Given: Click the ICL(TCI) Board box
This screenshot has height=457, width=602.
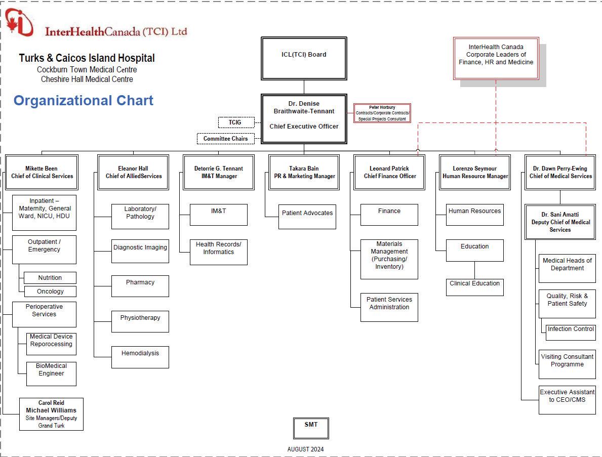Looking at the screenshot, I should coord(304,58).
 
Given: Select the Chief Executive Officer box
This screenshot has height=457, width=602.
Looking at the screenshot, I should coord(304,119).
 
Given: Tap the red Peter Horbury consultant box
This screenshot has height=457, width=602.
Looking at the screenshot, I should coord(382,113).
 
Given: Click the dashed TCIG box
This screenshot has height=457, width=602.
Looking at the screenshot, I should coord(235,122).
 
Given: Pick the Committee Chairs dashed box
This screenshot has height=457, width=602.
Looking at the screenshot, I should coord(225,139).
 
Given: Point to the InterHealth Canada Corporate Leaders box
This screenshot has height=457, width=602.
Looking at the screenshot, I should coord(496,58).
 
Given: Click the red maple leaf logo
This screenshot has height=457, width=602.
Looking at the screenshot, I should coord(19,23).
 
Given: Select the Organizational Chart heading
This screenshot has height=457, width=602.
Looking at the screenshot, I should coord(84,101).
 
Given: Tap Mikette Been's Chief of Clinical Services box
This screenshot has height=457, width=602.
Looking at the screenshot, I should coord(42,173).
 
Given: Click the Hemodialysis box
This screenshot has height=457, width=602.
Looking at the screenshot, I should coord(140,357).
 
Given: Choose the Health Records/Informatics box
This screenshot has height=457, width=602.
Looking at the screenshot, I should coord(218,252).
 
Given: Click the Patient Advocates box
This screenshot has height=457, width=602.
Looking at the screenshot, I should coord(307,216).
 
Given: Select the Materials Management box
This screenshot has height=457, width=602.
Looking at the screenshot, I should coord(389,259).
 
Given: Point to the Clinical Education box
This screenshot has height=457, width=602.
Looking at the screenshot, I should coord(474,287).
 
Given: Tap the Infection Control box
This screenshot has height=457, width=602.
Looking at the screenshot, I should coord(570,332).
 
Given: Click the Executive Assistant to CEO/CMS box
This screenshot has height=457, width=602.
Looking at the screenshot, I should coord(567,399).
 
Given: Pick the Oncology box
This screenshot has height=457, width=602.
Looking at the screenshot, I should coord(50,292).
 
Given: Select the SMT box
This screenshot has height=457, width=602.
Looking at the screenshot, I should coord(311,428).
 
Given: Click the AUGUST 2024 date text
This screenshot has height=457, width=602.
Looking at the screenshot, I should coord(305,449).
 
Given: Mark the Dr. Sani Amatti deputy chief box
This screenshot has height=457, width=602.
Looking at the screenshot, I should coord(560,222).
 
